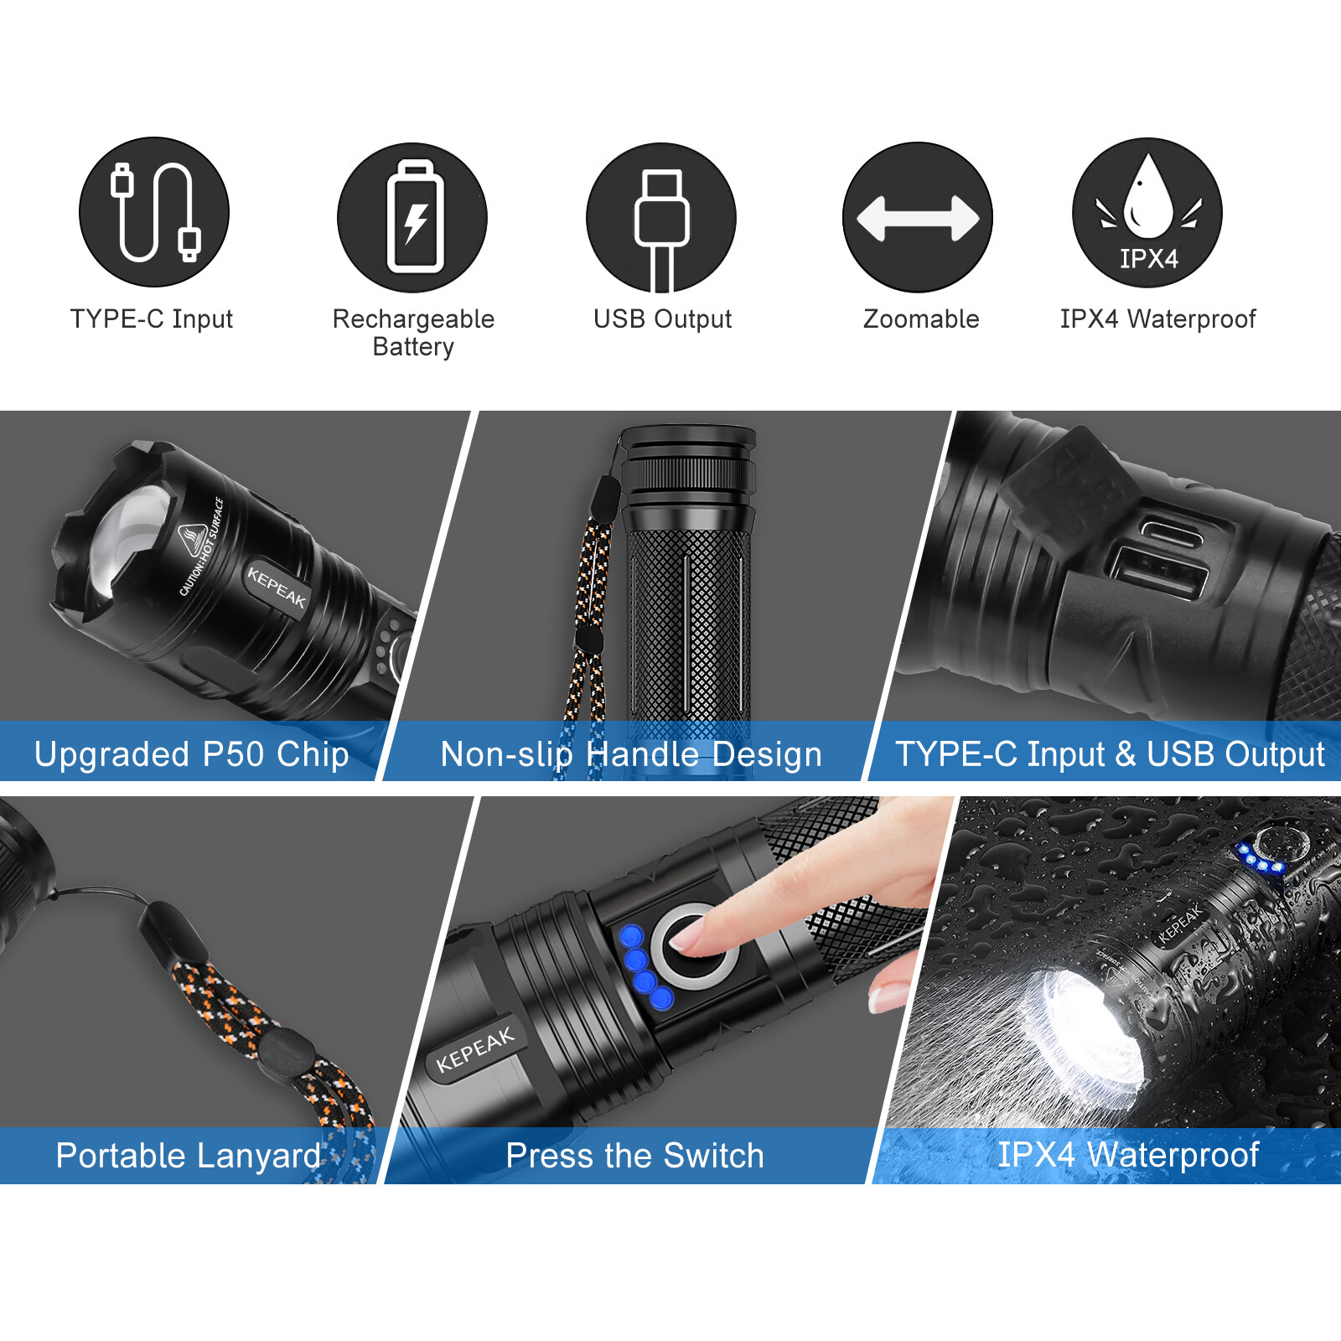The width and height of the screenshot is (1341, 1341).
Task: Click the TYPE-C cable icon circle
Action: [x=154, y=213]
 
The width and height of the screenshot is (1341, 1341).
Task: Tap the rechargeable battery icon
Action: [x=412, y=218]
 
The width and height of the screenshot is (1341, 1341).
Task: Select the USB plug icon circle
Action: [x=661, y=218]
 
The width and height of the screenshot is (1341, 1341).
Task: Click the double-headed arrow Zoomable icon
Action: [x=918, y=218]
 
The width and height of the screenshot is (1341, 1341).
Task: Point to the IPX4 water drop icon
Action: [x=1147, y=213]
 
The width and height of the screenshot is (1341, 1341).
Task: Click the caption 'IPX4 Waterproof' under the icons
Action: [x=1157, y=319]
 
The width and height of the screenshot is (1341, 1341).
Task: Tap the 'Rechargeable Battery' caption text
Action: [x=413, y=332]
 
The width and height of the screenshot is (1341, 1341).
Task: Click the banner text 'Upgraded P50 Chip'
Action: [x=191, y=754]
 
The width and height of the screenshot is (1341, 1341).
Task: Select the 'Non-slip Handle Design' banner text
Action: [x=631, y=754]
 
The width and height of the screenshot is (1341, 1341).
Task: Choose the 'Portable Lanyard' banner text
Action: [x=189, y=1156]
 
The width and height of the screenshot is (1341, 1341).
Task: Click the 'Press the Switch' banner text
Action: [x=634, y=1156]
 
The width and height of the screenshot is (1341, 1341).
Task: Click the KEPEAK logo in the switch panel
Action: [x=475, y=1049]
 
